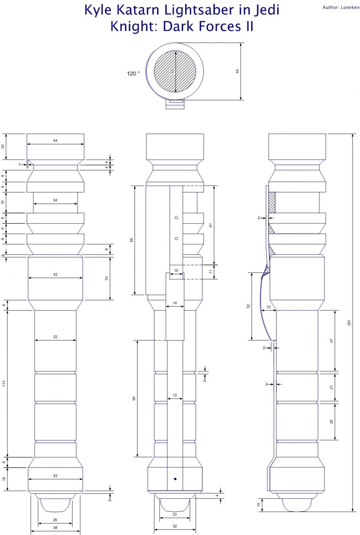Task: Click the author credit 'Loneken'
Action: pos(350,7)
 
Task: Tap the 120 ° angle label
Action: pos(133,74)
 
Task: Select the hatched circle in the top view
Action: pos(175,72)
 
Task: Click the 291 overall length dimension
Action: pos(349,322)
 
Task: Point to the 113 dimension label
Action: pos(4,384)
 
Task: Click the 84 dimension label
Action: pos(131,240)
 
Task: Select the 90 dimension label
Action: pos(134,398)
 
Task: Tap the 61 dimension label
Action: pos(211,225)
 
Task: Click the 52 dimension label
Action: pos(248,306)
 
